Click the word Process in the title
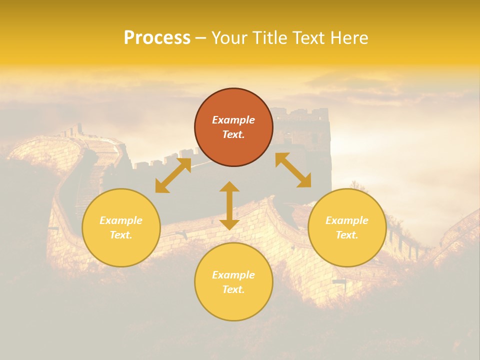click(157, 38)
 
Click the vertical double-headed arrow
click(229, 205)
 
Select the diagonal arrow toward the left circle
click(173, 175)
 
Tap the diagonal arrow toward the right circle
click(293, 170)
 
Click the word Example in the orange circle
click(233, 120)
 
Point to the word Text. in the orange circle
click(233, 135)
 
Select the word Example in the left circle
click(121, 220)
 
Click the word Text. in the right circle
click(347, 235)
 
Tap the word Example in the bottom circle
click(233, 275)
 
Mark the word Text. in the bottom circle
click(233, 290)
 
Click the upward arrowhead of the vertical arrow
click(229, 187)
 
